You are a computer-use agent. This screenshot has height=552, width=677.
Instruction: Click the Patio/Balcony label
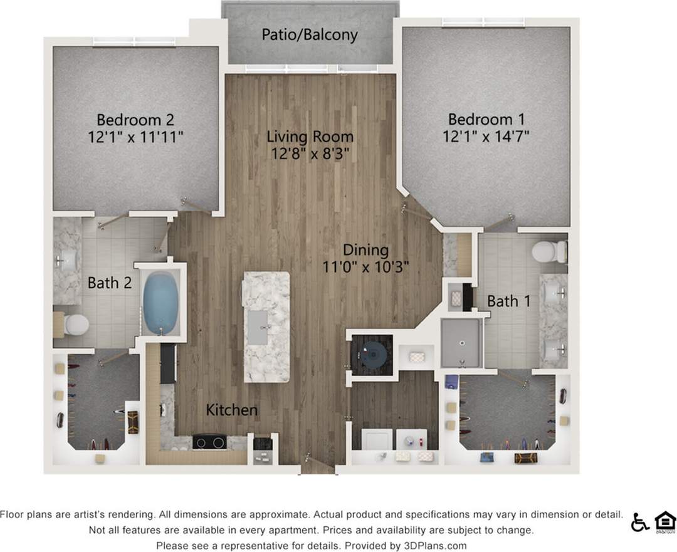[x=310, y=34]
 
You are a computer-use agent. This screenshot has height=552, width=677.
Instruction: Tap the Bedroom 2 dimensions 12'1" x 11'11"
[x=135, y=137]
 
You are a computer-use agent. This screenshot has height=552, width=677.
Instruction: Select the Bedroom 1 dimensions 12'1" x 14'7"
[x=486, y=137]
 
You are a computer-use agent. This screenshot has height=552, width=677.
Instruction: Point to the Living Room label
[x=310, y=136]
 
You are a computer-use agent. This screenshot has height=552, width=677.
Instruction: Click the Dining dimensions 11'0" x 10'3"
[x=365, y=266]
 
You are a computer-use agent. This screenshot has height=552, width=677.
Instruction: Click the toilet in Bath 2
[x=73, y=325]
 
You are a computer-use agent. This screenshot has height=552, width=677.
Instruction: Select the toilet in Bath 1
[x=548, y=252]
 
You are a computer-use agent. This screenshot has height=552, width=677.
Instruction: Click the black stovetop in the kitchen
[x=209, y=442]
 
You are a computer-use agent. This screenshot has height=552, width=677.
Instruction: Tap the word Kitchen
[x=232, y=410]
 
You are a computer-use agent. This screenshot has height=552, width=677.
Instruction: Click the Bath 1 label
[x=509, y=301]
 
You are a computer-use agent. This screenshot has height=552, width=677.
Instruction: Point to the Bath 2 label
[x=109, y=283]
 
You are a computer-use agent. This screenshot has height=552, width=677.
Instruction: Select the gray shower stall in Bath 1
[x=461, y=343]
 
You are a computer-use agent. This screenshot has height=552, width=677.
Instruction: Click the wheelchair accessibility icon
[x=640, y=522]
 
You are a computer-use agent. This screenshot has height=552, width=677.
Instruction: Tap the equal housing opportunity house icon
[x=664, y=521]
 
